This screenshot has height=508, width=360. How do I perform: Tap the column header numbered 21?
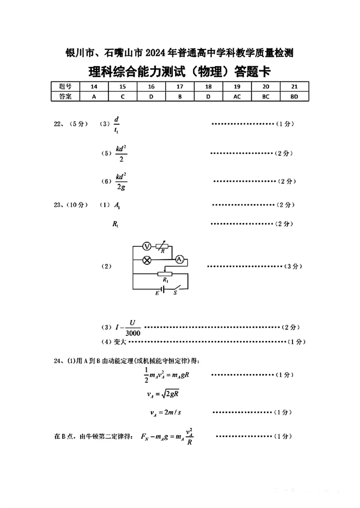pyautogui.click(x=294, y=87)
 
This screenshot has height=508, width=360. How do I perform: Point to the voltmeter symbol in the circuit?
pyautogui.click(x=146, y=246)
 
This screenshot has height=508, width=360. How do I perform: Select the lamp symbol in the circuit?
pyautogui.click(x=146, y=260)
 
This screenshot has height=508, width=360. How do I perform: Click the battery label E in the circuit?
pyautogui.click(x=157, y=293)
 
